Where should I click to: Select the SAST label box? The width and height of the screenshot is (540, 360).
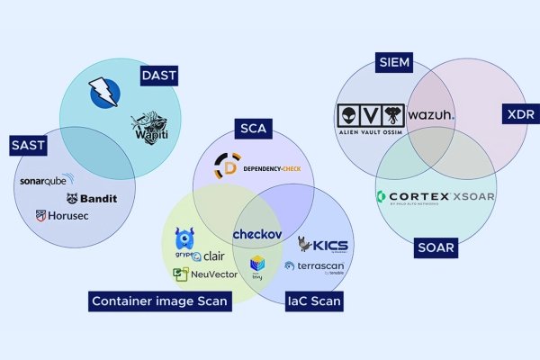pos(28,144)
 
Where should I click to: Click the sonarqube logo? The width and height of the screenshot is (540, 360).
pos(55,180)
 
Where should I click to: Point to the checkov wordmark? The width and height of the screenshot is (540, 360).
pos(258,234)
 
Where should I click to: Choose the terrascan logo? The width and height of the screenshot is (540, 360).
pos(314,265)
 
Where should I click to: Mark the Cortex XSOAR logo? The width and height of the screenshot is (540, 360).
pos(435,196)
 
